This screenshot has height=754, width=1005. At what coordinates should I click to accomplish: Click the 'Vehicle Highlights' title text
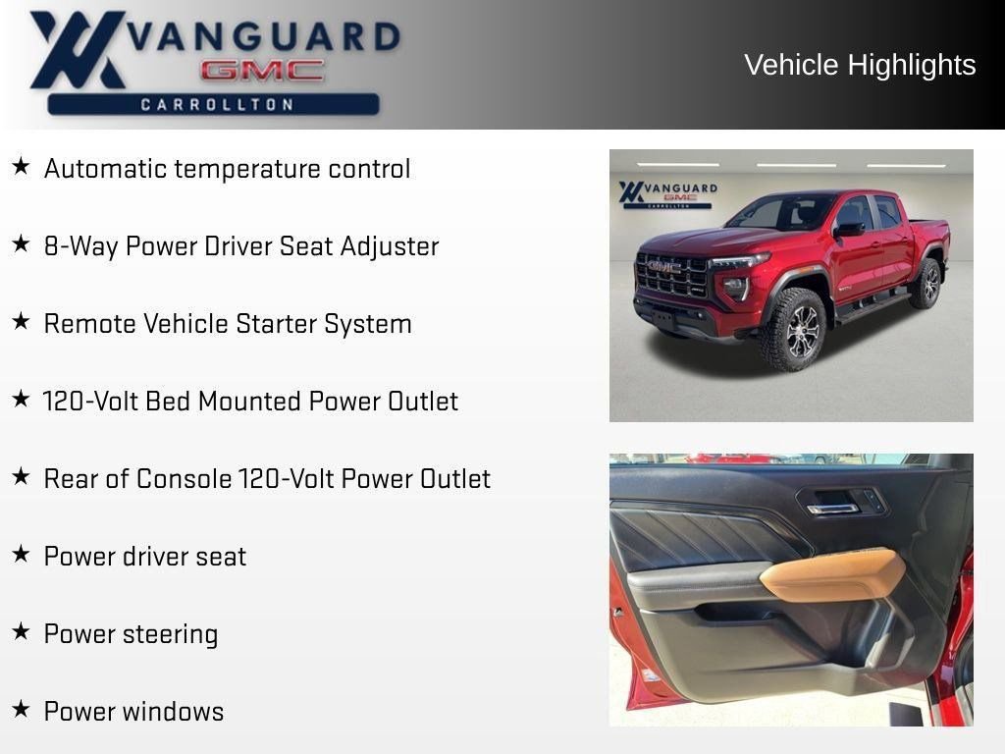tap(860, 65)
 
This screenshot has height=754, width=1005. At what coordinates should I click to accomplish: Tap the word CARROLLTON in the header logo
tap(217, 104)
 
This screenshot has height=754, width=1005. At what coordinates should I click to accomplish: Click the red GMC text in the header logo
tap(262, 70)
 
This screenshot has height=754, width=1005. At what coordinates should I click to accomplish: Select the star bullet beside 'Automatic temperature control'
tap(21, 167)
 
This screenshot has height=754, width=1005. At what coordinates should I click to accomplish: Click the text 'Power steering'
tap(131, 634)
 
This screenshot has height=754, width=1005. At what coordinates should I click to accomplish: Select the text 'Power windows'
tap(133, 712)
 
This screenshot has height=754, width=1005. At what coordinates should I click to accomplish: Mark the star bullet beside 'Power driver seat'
tap(21, 555)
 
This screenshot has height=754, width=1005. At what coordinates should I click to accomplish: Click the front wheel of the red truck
tap(793, 330)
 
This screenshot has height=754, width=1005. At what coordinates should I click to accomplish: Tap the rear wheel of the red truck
tap(925, 284)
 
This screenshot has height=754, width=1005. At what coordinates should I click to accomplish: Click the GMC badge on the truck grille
tap(663, 266)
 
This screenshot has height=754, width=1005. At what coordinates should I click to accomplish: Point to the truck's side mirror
tap(849, 229)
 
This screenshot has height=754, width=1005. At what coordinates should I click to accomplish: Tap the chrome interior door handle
tap(832, 508)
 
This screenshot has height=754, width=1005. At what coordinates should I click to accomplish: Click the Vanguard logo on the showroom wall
tap(667, 193)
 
